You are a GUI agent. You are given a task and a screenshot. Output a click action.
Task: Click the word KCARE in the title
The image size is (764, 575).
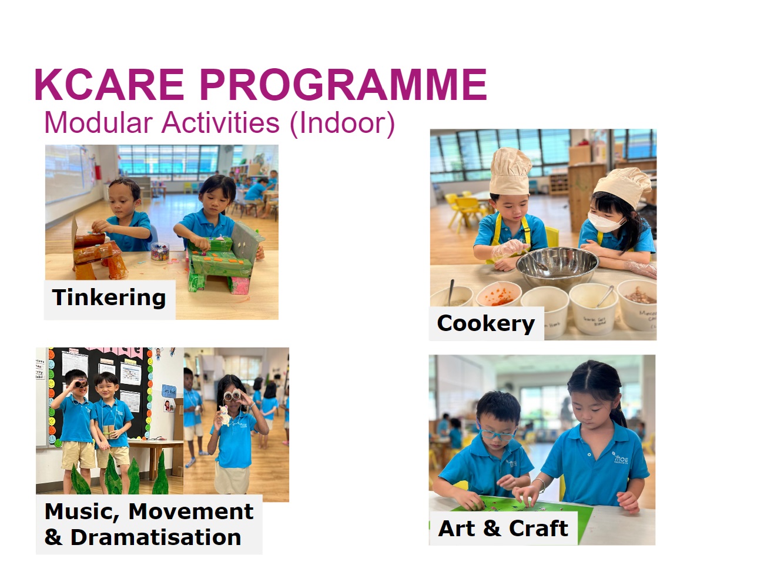click(109, 84)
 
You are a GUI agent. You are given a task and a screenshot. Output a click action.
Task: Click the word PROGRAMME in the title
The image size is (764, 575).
click(343, 84)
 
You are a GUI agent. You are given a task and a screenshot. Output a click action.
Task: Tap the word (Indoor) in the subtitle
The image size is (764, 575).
click(342, 123)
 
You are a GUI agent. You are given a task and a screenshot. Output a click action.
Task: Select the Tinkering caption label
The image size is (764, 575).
click(109, 298)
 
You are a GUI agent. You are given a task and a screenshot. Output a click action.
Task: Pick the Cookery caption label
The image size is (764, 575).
click(485, 324)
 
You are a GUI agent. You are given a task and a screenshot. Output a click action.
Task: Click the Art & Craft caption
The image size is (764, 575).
click(503, 529)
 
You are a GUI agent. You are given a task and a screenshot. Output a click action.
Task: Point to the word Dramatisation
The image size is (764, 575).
click(156, 537)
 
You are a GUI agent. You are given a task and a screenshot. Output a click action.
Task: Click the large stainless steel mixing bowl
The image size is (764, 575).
click(557, 266)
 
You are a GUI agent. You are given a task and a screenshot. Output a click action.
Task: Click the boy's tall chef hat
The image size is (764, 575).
click(510, 171)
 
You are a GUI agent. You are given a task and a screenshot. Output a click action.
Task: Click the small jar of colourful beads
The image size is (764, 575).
click(160, 252)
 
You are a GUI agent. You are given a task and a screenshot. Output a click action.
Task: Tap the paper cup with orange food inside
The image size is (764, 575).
click(498, 295)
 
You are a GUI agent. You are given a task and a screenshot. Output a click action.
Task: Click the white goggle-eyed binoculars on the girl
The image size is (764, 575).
click(233, 396)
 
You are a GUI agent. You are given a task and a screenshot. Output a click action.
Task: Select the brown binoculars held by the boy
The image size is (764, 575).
click(81, 385)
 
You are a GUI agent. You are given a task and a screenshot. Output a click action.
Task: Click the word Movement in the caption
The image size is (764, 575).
click(191, 512)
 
